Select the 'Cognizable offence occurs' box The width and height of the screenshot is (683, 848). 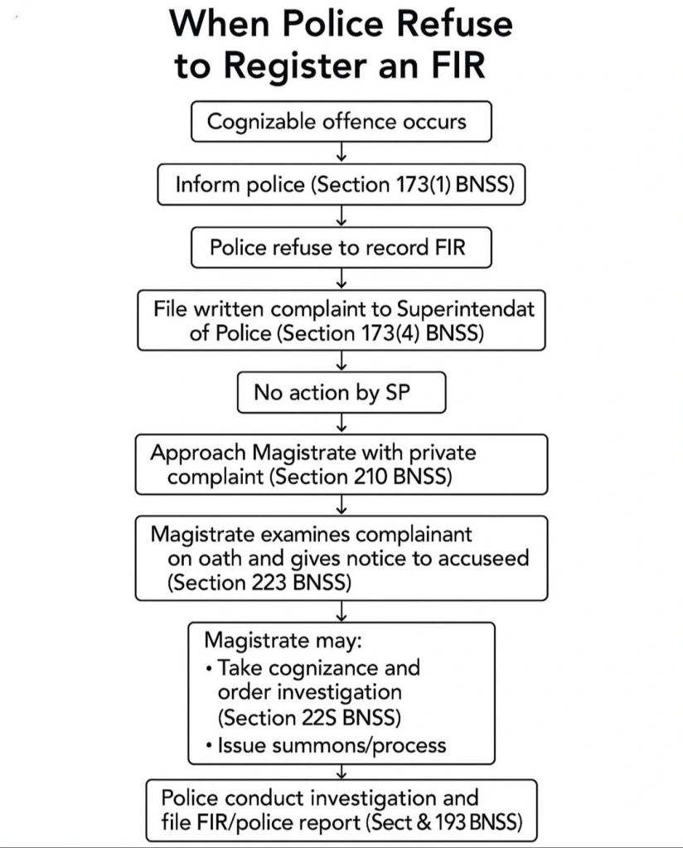click(341, 121)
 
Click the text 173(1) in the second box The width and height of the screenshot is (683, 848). click(420, 184)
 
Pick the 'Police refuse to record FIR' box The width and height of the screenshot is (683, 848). click(341, 247)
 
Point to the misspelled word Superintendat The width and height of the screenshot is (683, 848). click(466, 308)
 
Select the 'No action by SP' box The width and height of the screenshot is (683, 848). click(341, 392)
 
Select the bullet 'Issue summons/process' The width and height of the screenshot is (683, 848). click(331, 744)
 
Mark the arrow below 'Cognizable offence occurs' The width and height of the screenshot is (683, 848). click(341, 153)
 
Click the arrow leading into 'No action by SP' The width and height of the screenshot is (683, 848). click(341, 361)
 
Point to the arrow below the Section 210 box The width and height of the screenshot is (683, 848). click(341, 505)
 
